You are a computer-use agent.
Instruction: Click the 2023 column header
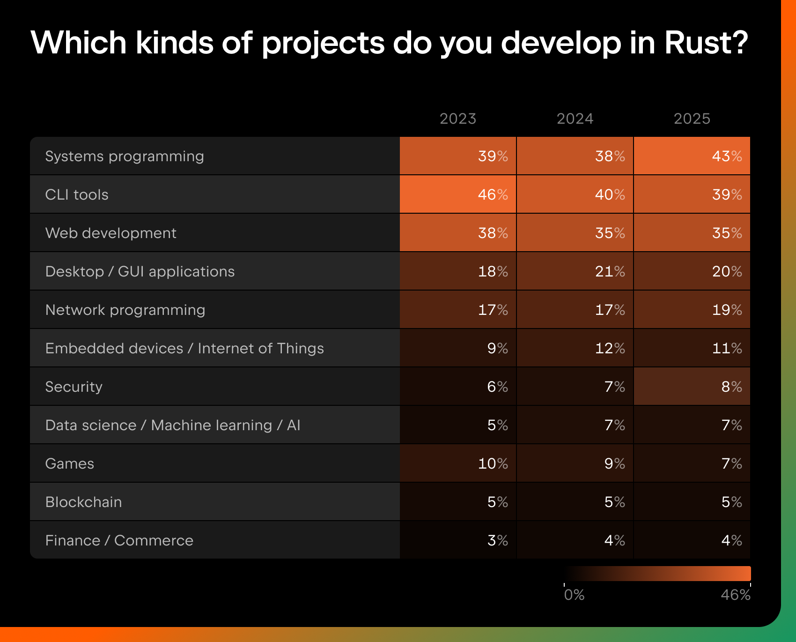point(457,119)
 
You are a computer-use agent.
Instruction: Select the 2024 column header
point(575,119)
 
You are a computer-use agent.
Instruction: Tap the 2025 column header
point(692,119)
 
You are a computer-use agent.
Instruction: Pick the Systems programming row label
point(125,156)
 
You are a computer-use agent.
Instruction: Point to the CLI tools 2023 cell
point(458,194)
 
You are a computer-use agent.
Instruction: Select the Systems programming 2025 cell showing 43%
point(692,156)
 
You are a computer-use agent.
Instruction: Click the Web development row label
point(111,233)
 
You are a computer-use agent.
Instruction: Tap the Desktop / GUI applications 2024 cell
point(575,271)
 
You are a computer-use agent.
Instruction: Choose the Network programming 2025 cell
point(692,310)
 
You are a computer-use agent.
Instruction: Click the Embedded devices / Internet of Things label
point(184,348)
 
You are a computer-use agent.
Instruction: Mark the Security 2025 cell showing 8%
point(692,387)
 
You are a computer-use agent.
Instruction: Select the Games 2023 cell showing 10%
point(458,463)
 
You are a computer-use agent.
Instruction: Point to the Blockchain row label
point(83,502)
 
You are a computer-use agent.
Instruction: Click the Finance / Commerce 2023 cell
point(458,540)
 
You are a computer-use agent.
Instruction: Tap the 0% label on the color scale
point(574,595)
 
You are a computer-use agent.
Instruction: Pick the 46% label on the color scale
point(736,595)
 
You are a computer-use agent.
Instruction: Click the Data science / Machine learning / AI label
point(173,425)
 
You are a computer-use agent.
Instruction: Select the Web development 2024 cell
point(575,233)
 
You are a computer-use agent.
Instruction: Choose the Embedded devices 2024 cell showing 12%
point(575,348)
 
